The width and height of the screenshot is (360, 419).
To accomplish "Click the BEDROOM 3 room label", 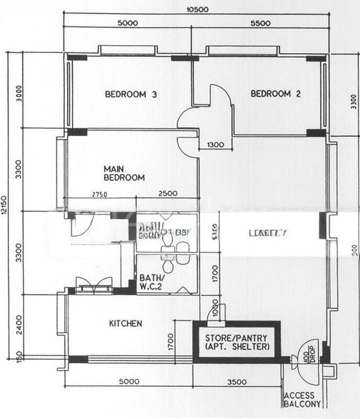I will coord(130,94).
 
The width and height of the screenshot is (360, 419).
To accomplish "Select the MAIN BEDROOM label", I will coord(124,173).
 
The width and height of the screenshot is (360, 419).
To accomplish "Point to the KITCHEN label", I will coord(126,323).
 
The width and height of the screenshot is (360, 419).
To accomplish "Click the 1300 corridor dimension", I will coord(216,145).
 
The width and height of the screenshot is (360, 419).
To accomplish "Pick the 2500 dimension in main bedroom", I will coord(167,194).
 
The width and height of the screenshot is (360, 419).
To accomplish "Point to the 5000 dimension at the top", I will coord(128,23).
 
